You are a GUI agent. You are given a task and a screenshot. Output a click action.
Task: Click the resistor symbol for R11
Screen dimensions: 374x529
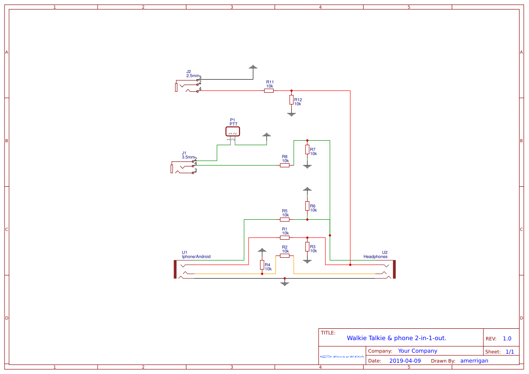[269, 90]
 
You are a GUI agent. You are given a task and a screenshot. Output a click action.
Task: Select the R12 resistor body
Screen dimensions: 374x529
[291, 99]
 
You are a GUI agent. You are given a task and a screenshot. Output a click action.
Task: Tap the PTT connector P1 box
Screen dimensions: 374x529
[233, 132]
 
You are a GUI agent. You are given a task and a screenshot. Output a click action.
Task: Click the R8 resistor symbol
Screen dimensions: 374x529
[285, 165]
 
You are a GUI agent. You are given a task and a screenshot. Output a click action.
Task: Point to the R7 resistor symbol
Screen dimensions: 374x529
[307, 150]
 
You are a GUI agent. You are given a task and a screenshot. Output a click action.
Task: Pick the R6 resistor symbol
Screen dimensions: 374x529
[307, 206]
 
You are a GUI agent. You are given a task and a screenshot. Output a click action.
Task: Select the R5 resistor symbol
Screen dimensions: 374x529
[285, 219]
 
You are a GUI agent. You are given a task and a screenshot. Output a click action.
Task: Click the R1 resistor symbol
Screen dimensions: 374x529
[285, 237]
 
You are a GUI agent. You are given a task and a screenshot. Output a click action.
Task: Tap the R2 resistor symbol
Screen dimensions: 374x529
[285, 256]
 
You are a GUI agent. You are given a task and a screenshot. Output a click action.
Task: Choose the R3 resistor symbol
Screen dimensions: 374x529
[307, 246]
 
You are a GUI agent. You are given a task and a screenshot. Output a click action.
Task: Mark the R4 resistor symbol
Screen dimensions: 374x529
[262, 265]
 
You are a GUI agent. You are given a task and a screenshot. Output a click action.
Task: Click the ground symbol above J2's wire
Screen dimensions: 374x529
[253, 67]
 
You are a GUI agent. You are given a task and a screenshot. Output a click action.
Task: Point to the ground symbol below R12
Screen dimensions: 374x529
[291, 114]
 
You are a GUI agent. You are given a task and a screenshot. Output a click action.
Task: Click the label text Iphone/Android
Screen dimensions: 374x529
[196, 256]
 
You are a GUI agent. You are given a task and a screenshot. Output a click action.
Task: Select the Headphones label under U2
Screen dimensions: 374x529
[375, 256]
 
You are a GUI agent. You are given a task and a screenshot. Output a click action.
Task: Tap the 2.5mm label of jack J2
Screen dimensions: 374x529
[192, 76]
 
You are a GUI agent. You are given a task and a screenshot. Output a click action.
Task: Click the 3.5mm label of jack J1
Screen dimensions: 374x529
[188, 157]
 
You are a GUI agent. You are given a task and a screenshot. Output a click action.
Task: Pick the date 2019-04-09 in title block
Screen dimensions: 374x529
[405, 360]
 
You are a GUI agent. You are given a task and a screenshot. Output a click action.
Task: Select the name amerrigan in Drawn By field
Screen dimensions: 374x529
[474, 360]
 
